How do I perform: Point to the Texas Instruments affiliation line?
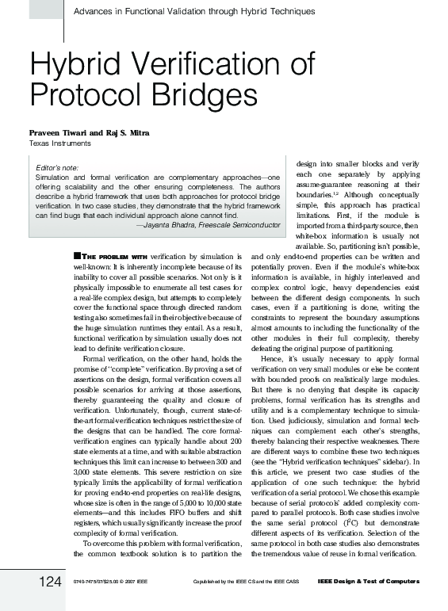[x=59, y=143]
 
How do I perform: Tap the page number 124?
[x=50, y=583]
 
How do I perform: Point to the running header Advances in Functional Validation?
[x=193, y=11]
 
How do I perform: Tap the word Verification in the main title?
[x=199, y=66]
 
